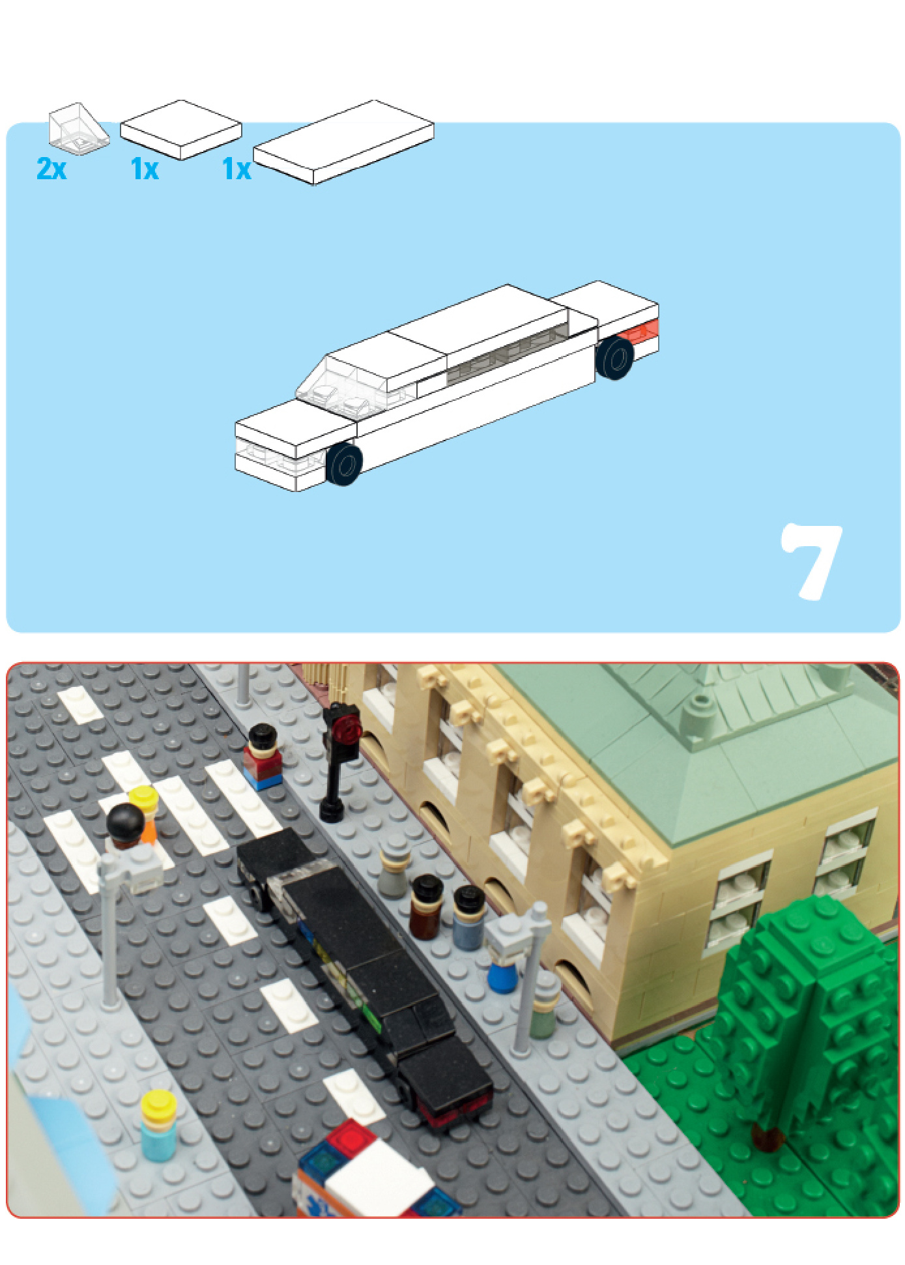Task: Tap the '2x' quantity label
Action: (x=51, y=169)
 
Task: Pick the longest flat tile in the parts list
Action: (x=344, y=142)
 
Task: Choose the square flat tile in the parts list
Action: (x=181, y=130)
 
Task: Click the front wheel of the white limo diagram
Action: (x=343, y=464)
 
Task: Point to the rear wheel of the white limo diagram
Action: (x=614, y=357)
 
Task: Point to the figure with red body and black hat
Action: (x=263, y=757)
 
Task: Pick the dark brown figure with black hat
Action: (x=427, y=907)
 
